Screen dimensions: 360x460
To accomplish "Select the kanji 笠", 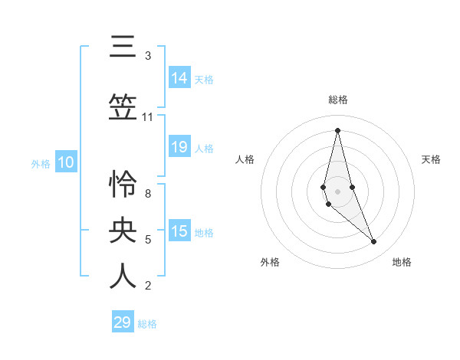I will (x=123, y=108).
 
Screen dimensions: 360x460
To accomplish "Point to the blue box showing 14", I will (x=179, y=78).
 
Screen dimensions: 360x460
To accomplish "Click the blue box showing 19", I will (x=179, y=147).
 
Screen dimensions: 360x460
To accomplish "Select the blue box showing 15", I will (x=179, y=231).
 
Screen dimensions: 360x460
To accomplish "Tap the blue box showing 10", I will (x=65, y=162).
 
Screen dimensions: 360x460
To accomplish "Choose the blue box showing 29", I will (x=123, y=322).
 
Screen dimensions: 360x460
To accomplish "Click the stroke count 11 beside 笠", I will (x=148, y=117).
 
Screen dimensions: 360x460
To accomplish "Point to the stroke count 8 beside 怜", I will (x=148, y=194).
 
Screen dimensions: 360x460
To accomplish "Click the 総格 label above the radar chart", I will (x=337, y=100).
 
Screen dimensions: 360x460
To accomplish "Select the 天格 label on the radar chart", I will (x=431, y=159).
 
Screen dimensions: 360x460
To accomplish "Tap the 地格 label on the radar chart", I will (x=402, y=262).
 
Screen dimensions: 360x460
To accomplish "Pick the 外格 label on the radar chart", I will (x=270, y=262).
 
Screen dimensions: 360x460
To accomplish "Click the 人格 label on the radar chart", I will (x=245, y=159).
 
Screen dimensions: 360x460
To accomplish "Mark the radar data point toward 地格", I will (x=373, y=241).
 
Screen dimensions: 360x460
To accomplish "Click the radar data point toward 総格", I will (x=337, y=130).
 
